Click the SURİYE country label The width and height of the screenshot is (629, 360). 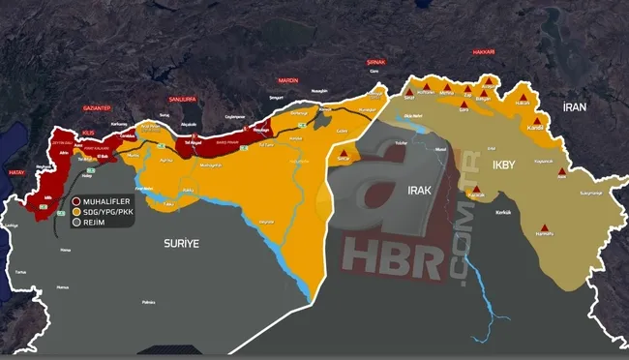[x=180, y=244]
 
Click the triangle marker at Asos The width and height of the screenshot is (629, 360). [x=561, y=169]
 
